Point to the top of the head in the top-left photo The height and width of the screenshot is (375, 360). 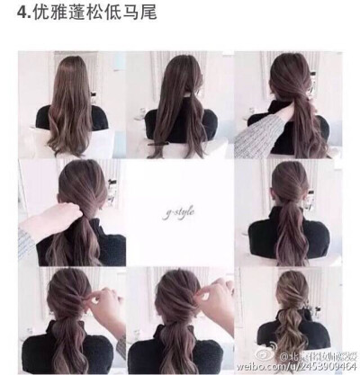point(75,61)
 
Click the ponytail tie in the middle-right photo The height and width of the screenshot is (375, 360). point(290,208)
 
